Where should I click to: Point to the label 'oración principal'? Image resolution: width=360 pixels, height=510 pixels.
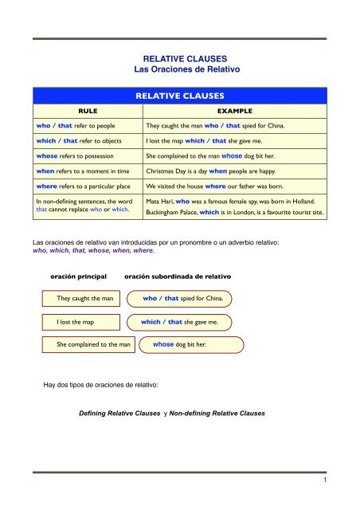coord(78,276)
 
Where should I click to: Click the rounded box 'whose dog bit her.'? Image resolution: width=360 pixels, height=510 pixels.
coord(183,345)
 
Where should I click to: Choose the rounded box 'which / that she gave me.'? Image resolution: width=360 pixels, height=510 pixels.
coord(182,322)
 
